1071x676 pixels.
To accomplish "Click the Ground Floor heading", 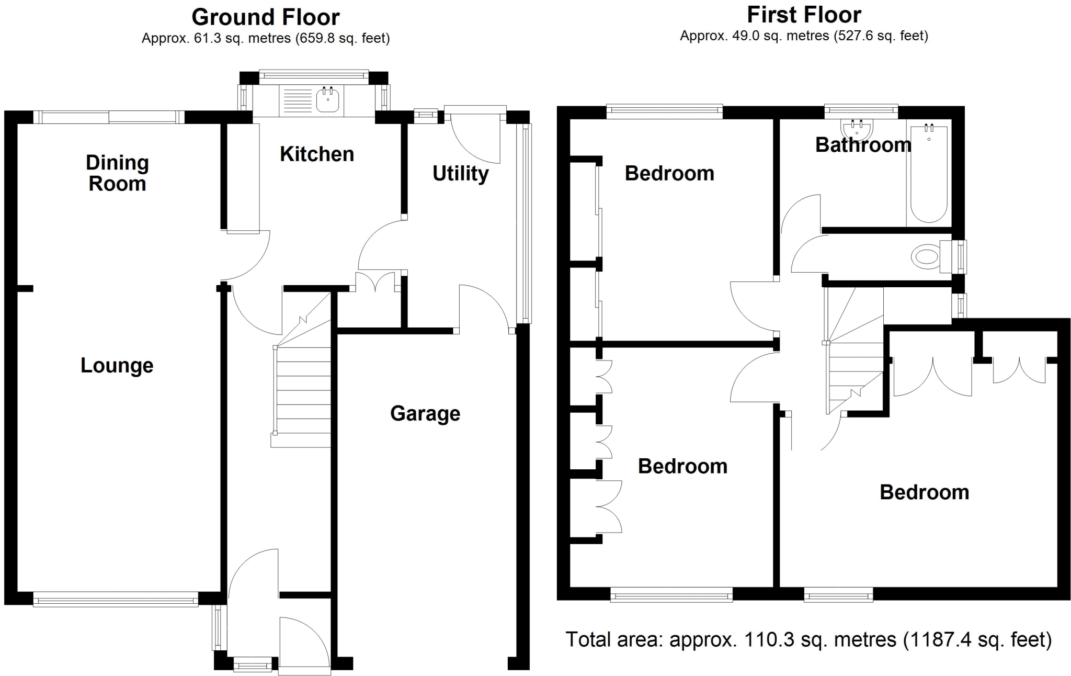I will click(x=265, y=17).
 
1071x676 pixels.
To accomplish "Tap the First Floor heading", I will click(x=803, y=15).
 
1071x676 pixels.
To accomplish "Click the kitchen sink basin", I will click(x=328, y=99).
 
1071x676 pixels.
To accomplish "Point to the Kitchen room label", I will click(x=317, y=154).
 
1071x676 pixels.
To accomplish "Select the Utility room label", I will click(x=460, y=173).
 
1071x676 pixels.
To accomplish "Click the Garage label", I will click(x=425, y=413).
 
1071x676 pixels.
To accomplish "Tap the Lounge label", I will click(x=117, y=365).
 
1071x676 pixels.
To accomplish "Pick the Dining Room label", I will click(x=117, y=173).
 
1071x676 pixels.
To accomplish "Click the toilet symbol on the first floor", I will click(x=926, y=257).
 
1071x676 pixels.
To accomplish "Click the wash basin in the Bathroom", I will click(x=857, y=129).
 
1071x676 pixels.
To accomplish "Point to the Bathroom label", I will click(x=863, y=145).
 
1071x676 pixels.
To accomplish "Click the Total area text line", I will click(x=808, y=639).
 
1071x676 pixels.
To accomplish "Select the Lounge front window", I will click(x=116, y=600).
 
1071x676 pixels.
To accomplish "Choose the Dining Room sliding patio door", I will click(x=109, y=117).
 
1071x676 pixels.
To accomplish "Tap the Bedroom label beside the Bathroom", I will click(x=669, y=173).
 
